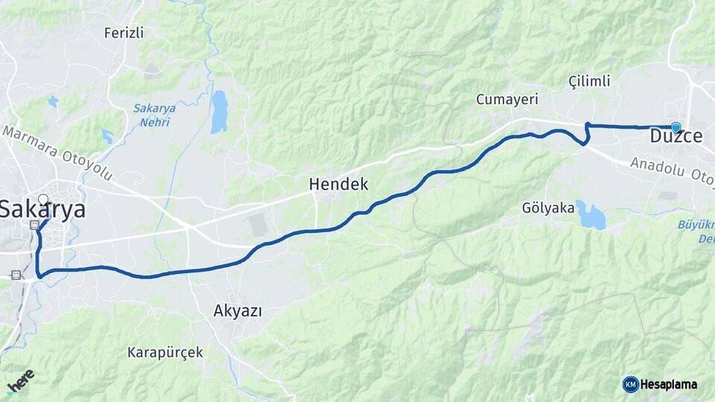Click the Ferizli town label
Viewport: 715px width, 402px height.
(x=124, y=33)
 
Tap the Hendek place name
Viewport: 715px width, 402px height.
(x=339, y=184)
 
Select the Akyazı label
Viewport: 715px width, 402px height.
(x=238, y=310)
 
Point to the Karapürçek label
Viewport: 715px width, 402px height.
(x=165, y=351)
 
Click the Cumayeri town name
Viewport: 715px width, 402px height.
(x=507, y=99)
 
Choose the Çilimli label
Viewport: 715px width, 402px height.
(x=589, y=80)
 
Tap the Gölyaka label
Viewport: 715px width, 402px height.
(x=548, y=208)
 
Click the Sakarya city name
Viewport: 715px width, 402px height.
(x=42, y=210)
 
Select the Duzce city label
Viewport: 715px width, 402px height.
(x=676, y=137)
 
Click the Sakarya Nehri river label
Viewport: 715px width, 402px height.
(x=154, y=113)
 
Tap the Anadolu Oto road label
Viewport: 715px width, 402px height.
(x=671, y=170)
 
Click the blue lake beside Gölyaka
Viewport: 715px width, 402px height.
(x=591, y=215)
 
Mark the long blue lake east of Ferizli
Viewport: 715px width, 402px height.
(x=218, y=112)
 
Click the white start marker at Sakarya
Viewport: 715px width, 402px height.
(x=43, y=200)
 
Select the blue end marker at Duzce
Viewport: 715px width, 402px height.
(x=676, y=127)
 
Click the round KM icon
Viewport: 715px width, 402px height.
(x=631, y=384)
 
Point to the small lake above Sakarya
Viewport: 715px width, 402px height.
(x=53, y=100)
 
